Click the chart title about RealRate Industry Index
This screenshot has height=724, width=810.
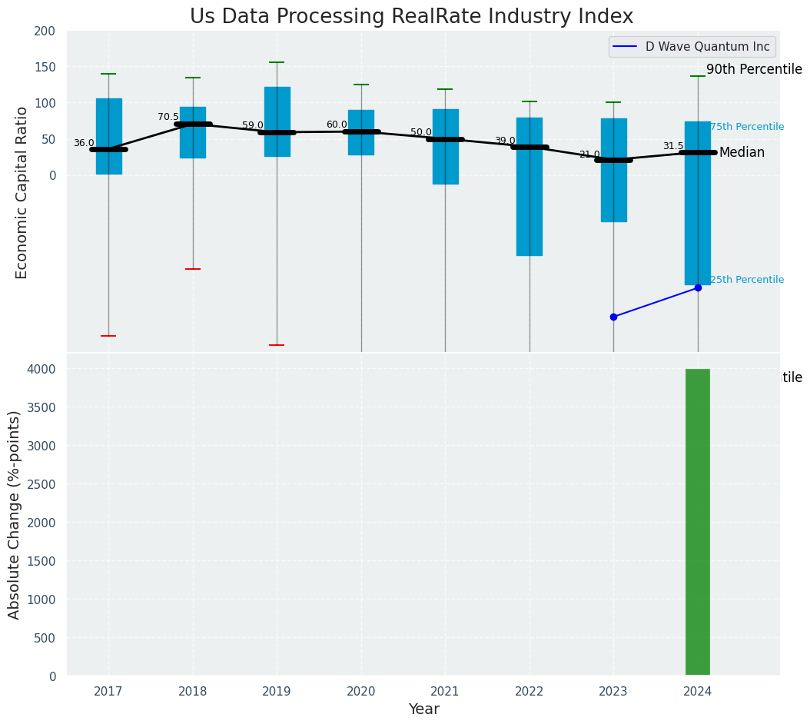click(x=411, y=17)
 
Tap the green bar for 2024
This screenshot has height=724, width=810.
click(x=697, y=522)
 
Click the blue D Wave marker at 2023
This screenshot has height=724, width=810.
click(x=613, y=317)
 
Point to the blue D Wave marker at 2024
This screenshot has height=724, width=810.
click(x=698, y=287)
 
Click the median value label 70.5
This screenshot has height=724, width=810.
click(x=168, y=117)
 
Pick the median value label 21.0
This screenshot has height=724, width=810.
click(x=589, y=154)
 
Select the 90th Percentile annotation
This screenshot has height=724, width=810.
click(x=754, y=70)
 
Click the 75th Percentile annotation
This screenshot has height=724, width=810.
click(x=746, y=127)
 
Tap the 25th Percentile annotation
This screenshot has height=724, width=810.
click(x=746, y=280)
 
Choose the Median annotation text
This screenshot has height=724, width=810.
click(x=742, y=153)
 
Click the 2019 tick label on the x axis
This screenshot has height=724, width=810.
click(x=277, y=692)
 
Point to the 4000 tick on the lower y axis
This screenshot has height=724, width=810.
click(x=43, y=369)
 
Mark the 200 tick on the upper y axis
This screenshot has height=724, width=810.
click(x=45, y=31)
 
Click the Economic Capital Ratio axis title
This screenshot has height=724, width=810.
click(x=22, y=192)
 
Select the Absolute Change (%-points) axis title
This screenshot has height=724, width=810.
click(x=15, y=514)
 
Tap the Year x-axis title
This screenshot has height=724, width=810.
click(x=423, y=709)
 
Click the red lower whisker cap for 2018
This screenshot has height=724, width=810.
click(x=193, y=269)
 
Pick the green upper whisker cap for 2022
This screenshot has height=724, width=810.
click(x=529, y=101)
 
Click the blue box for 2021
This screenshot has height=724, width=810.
click(x=445, y=146)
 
